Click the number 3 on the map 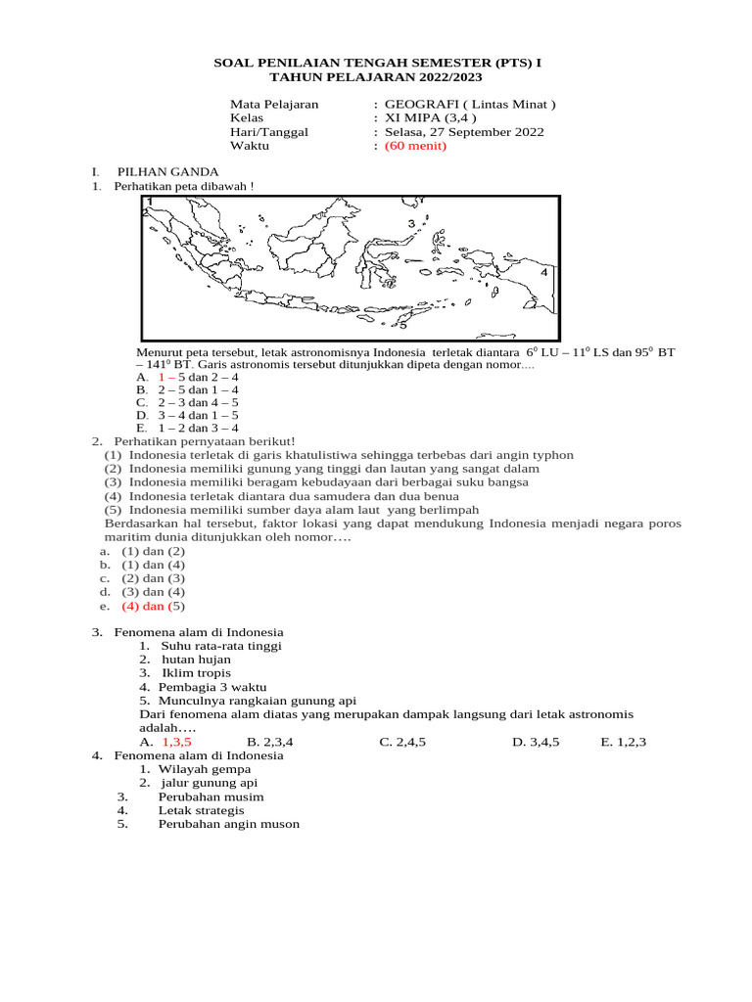click(411, 224)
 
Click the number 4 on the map click(544, 273)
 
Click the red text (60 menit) click(415, 146)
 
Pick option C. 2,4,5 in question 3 click(402, 742)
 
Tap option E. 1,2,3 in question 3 click(623, 742)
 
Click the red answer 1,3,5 click(176, 742)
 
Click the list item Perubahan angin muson click(228, 824)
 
